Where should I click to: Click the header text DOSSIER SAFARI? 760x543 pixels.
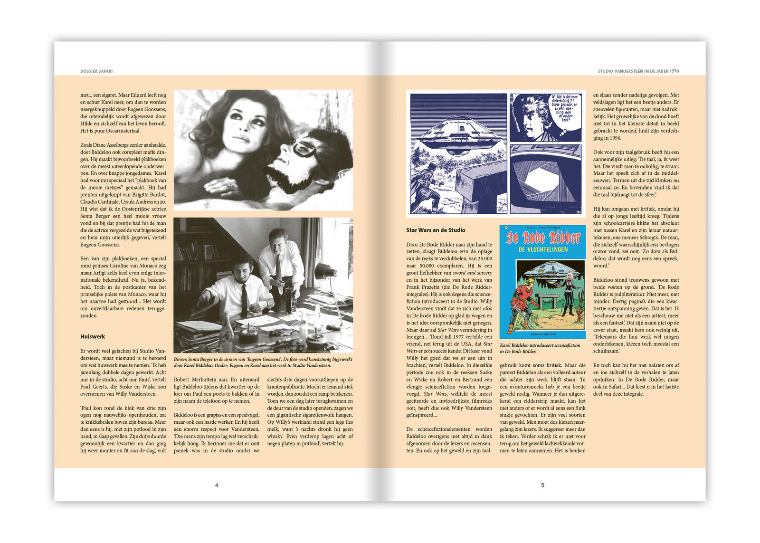click(96, 71)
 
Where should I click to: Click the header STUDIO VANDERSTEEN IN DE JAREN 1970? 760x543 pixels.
click(638, 71)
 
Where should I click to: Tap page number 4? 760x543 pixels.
click(217, 485)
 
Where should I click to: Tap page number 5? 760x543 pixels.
click(542, 485)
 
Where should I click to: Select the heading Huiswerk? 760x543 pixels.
click(93, 336)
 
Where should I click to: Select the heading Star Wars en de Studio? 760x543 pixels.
click(436, 230)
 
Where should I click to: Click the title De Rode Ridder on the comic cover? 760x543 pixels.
click(543, 238)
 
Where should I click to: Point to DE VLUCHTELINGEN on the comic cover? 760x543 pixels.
click(543, 249)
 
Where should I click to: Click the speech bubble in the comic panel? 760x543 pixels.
click(564, 108)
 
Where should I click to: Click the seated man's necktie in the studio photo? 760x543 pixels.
click(244, 300)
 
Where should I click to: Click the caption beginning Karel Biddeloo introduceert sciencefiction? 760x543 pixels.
click(540, 348)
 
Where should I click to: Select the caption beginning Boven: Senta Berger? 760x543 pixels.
click(263, 362)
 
